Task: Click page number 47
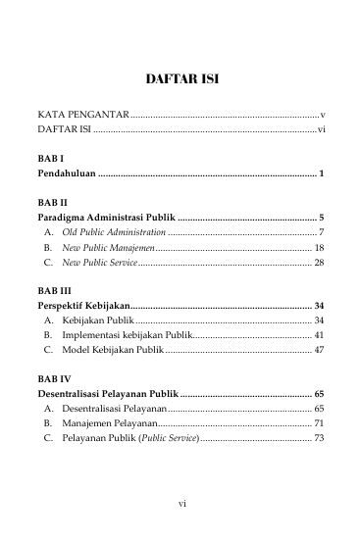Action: click(319, 350)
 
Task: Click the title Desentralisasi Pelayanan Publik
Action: click(109, 392)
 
